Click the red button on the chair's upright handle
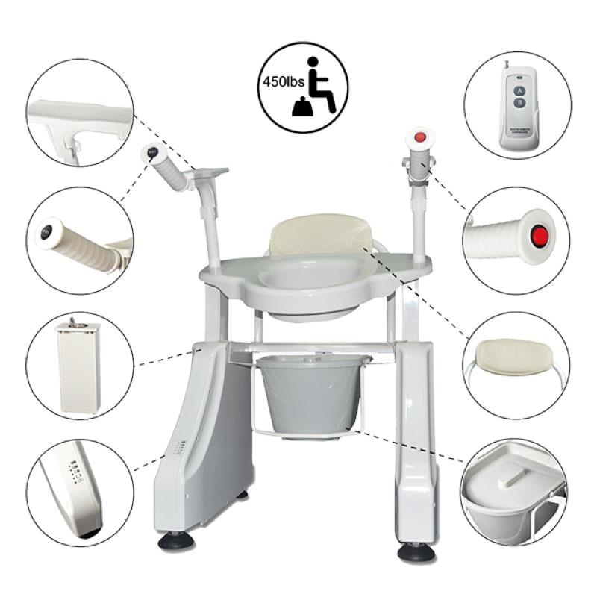point(420,138)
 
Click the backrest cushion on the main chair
point(321,234)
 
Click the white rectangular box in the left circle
point(79,366)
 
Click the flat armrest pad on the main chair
point(210,173)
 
